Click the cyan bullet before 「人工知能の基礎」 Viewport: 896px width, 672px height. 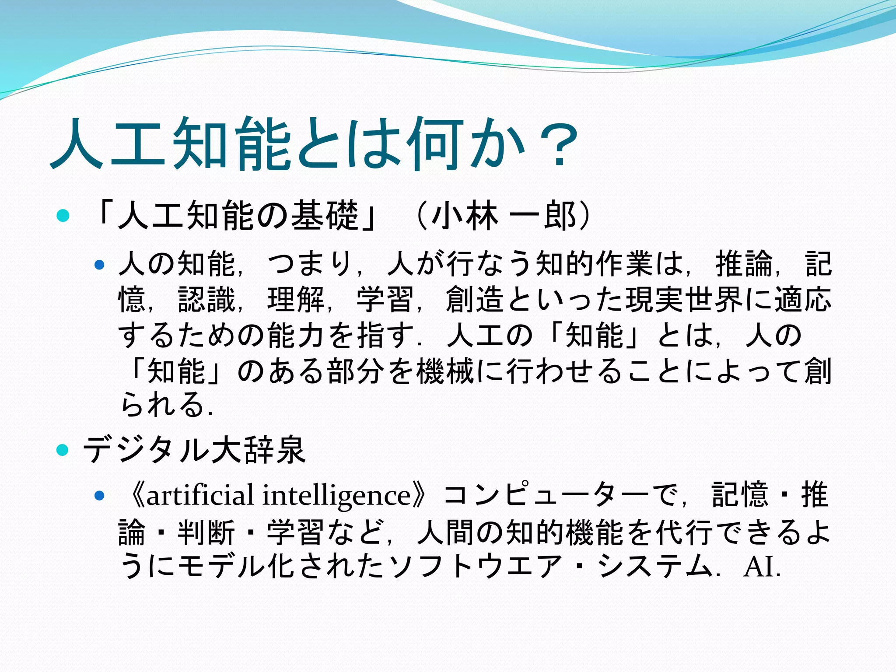pos(63,215)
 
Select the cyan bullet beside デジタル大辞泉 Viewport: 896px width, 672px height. pos(63,450)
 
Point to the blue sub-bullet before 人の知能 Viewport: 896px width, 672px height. pos(100,265)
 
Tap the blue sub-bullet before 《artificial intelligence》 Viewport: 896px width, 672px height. pos(100,495)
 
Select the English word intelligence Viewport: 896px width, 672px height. pos(337,496)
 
